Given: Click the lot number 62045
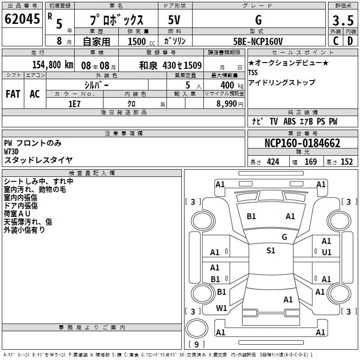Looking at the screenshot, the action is coord(22,19).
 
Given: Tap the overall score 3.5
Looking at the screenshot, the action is coord(343,20).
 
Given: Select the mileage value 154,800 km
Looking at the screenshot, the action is coord(53,65).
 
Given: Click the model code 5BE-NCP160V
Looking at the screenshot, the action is coord(258,41).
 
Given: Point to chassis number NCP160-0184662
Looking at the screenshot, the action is coord(302,143).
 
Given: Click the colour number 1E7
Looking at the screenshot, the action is coord(74,104).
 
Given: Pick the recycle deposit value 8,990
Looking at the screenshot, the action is coord(227,104).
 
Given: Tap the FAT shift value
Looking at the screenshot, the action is coord(13,94).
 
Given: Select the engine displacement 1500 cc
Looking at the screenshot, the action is coord(141,41).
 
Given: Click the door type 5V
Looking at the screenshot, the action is coord(174,20).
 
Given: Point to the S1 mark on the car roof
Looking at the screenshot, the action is coord(271,251).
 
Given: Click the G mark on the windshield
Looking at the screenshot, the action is coord(284,237).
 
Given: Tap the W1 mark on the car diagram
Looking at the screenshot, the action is coord(221,308).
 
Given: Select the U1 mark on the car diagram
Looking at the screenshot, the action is coord(327,252).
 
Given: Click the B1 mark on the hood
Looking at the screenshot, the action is coord(251,216).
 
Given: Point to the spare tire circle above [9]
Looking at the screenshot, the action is coord(197,328).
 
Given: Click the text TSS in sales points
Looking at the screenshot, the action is coord(253,72).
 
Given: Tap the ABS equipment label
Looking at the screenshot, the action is coord(289,121).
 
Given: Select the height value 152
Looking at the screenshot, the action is coord(346,162).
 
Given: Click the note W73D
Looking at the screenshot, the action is coord(11,152).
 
